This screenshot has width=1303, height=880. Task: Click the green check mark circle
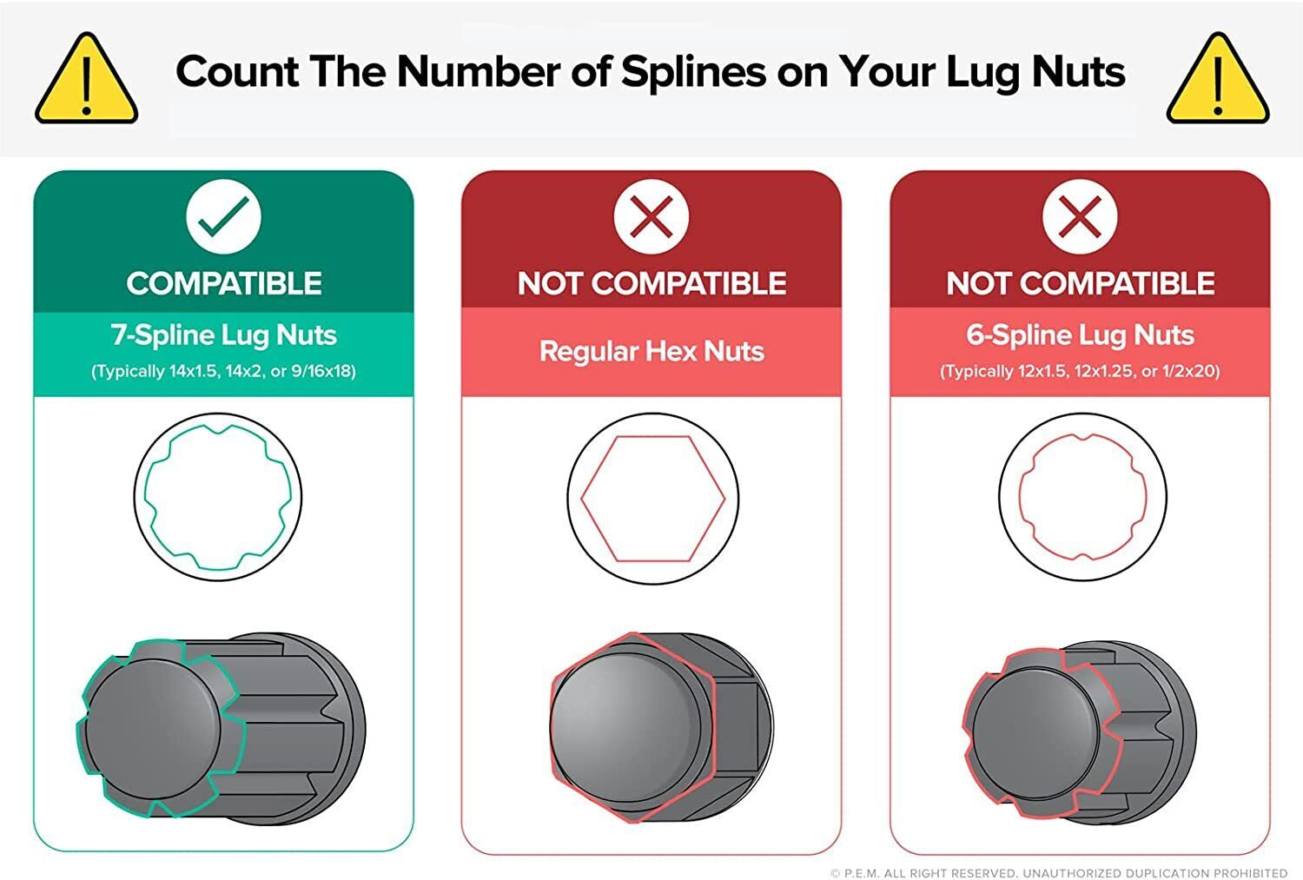[x=223, y=216]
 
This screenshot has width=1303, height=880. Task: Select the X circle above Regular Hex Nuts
[x=651, y=216]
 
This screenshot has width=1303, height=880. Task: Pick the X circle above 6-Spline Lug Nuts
[x=1081, y=216]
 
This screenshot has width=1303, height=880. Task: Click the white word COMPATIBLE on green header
[x=224, y=284]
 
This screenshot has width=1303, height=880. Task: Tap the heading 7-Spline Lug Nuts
[x=224, y=335]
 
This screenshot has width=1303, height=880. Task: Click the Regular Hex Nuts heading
[x=651, y=351]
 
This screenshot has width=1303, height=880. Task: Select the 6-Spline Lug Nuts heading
[x=1081, y=335]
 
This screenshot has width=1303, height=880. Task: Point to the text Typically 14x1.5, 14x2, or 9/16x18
[x=224, y=371]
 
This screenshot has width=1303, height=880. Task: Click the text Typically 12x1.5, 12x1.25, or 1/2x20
[x=1081, y=371]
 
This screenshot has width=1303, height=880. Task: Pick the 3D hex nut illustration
[x=661, y=727]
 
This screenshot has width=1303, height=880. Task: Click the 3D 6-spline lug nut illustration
[x=1079, y=733]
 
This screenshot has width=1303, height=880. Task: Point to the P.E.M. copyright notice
[x=1059, y=873]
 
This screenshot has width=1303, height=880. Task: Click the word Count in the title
[x=237, y=72]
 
